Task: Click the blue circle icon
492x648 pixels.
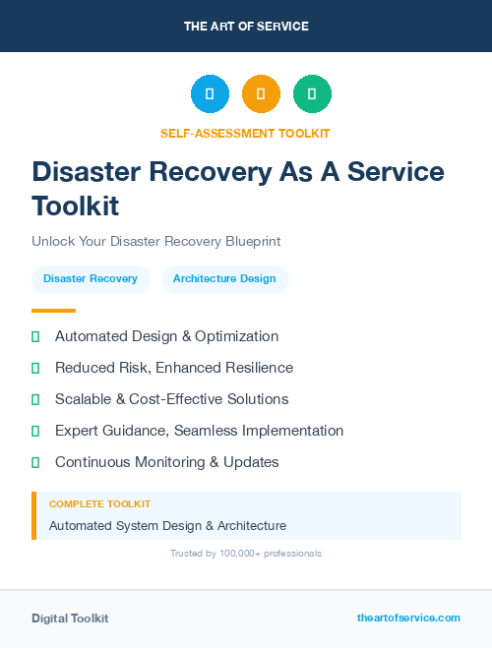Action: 210,93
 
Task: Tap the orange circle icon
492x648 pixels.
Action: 261,93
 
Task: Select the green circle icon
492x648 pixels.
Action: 312,93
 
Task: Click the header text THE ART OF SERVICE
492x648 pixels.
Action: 246,27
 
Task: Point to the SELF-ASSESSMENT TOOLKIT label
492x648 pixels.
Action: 245,133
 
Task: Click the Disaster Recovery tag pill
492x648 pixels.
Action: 91,279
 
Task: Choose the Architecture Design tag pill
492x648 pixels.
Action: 224,279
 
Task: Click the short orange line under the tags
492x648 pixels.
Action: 53,311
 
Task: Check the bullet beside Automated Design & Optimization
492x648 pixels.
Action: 35,336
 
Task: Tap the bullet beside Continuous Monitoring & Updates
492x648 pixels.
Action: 35,462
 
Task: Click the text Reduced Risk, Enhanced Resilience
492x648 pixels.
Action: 174,368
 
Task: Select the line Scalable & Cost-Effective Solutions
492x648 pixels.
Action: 171,399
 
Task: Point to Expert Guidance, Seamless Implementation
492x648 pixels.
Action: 199,431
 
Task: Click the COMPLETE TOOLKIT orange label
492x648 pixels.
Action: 99,504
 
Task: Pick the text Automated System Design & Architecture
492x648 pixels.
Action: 167,526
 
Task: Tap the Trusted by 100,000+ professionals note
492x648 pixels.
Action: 245,554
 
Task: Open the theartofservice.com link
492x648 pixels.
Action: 408,618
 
